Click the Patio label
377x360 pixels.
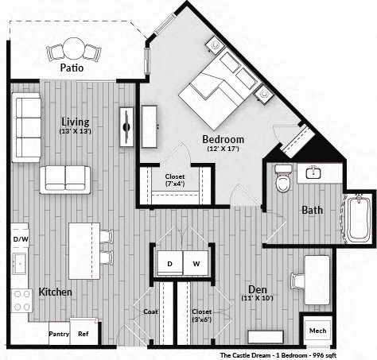[x=72, y=68]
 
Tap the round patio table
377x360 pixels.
[x=74, y=49]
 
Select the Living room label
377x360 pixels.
[x=76, y=122]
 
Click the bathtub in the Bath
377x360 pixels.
[x=358, y=219]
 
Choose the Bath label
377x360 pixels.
[x=311, y=211]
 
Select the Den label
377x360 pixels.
[x=257, y=288]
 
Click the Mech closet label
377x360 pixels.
[x=317, y=330]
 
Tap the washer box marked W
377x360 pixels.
[x=196, y=263]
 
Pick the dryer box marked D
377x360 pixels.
[x=169, y=263]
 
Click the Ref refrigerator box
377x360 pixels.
[x=84, y=333]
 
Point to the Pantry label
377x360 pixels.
[x=59, y=335]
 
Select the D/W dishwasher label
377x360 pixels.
[x=20, y=238]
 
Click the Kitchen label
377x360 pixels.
[x=55, y=292]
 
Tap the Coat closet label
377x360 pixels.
[x=150, y=312]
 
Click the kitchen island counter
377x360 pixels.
[x=84, y=250]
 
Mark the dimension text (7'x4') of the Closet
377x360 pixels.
[x=174, y=185]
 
